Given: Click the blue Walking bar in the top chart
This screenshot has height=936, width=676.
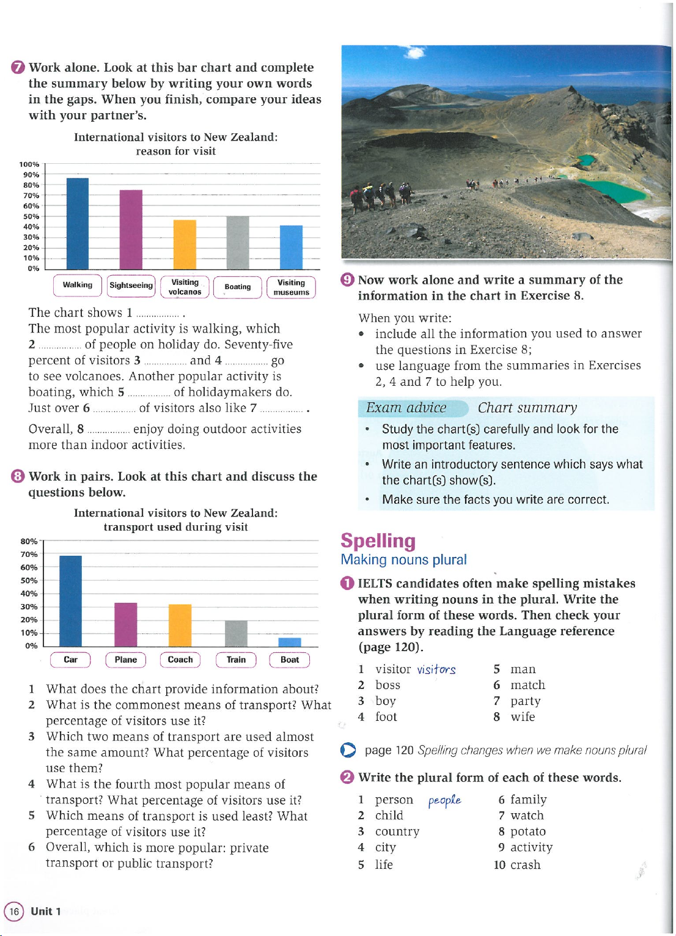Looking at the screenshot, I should pos(78,223).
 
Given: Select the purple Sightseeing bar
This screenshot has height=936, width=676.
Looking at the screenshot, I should pos(131,229).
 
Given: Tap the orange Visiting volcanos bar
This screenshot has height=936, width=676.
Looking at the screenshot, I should pos(185,244).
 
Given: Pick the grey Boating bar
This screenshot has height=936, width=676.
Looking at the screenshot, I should pos(238,242).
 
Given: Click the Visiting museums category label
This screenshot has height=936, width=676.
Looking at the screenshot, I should pos(291,287).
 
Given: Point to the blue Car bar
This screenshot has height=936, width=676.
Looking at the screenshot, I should pos(71,600).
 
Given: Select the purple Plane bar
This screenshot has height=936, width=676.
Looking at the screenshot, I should pos(126,624).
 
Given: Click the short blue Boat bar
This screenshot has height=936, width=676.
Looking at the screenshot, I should pos(290,642).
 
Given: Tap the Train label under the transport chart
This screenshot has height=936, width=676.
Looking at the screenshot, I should pos(236,660).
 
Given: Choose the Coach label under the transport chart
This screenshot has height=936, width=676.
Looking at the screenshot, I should pos(180,660).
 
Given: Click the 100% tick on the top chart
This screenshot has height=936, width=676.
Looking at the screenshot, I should pos(29,164).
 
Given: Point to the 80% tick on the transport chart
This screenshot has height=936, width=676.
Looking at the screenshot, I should pos(29,542).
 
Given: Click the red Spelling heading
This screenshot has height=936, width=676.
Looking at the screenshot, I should pos(378,541).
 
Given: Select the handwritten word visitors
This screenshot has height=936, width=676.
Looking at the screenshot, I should pos(436,669).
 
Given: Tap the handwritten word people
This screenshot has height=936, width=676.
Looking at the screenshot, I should pos(444,800).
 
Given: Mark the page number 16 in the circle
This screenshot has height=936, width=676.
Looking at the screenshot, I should pos(14,912).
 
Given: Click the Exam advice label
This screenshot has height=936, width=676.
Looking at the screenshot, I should pos(406,408).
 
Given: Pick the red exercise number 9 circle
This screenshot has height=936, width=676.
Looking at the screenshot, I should pos(347,280).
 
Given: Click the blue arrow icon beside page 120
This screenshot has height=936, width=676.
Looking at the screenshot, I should pos(348,750).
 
